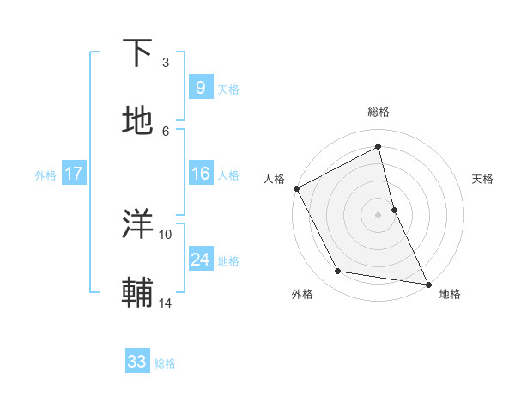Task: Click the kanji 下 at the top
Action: click(139, 53)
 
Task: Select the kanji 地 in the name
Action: click(139, 120)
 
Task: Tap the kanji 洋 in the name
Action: click(139, 224)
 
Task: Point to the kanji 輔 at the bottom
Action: click(139, 292)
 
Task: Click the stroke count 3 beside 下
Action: click(166, 63)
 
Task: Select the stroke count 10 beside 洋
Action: click(166, 234)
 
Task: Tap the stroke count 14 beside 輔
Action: click(166, 302)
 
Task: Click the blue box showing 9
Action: click(200, 87)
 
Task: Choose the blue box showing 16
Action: click(200, 174)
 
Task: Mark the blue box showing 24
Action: click(200, 260)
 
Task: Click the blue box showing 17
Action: click(74, 174)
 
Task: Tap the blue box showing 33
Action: click(137, 362)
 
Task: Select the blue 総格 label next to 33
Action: click(165, 364)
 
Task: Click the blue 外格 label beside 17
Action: click(45, 174)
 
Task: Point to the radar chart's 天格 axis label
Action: click(483, 179)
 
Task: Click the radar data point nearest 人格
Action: click(297, 188)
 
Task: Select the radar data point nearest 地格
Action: click(427, 283)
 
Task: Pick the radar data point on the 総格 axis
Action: click(379, 146)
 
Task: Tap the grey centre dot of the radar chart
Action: click(379, 214)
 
